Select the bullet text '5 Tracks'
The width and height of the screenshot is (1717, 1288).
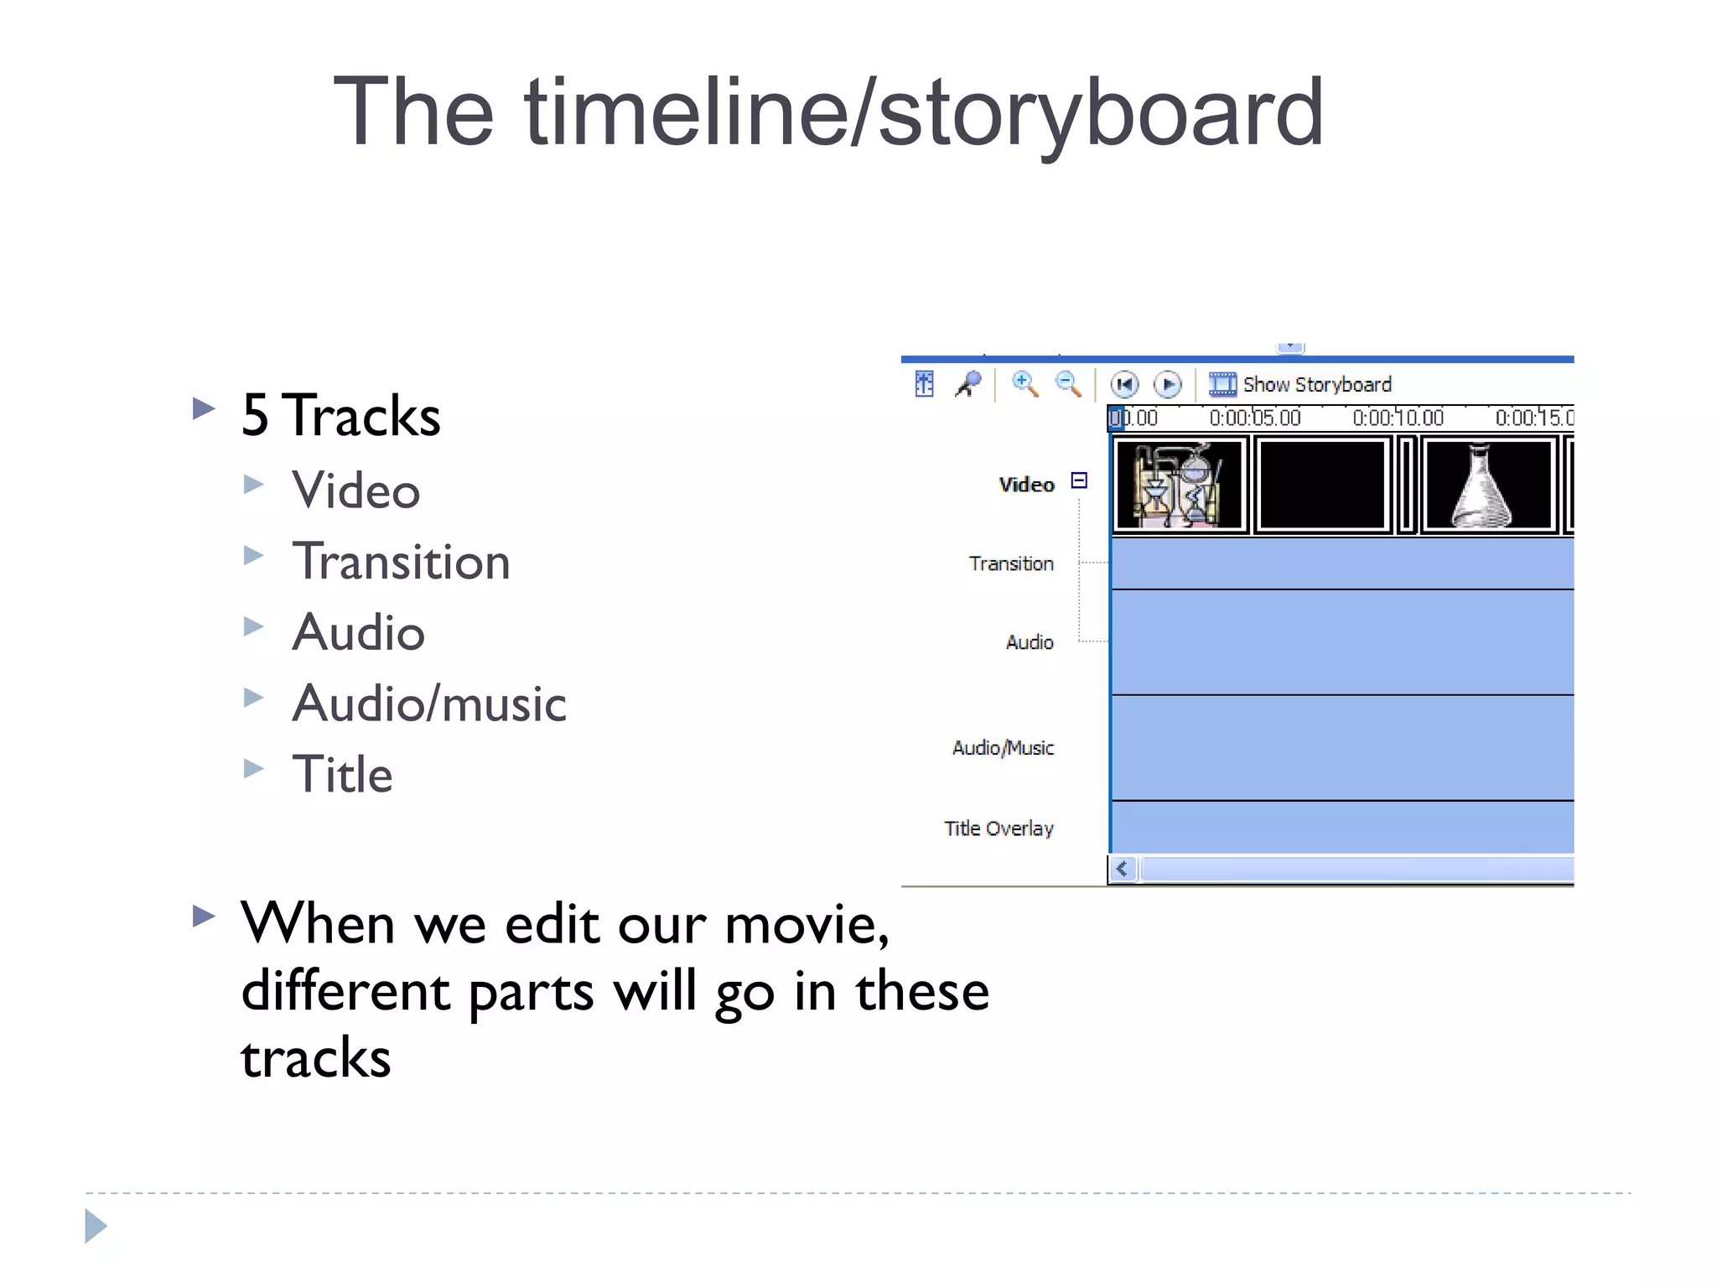(340, 415)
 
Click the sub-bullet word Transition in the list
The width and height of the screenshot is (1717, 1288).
(401, 561)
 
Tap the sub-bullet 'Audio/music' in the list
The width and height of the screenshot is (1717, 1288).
(429, 703)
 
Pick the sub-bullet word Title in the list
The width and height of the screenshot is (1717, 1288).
(342, 774)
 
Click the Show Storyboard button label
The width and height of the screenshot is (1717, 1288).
(1316, 385)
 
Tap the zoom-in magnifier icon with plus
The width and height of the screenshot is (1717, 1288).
(1024, 384)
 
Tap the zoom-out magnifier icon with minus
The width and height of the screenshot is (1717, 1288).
(1067, 384)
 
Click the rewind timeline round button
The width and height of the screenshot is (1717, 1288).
(1123, 385)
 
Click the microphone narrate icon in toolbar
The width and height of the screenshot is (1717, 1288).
(968, 384)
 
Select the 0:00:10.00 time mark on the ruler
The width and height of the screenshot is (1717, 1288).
(1398, 418)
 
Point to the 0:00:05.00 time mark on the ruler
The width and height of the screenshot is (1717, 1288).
(1254, 418)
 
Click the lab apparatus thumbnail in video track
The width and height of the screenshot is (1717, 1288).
(1179, 486)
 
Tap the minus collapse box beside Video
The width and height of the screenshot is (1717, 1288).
(1079, 480)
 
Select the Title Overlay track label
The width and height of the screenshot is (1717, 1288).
(999, 828)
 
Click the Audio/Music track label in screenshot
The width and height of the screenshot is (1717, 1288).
(1003, 748)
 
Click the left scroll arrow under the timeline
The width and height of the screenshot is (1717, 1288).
(1122, 869)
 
